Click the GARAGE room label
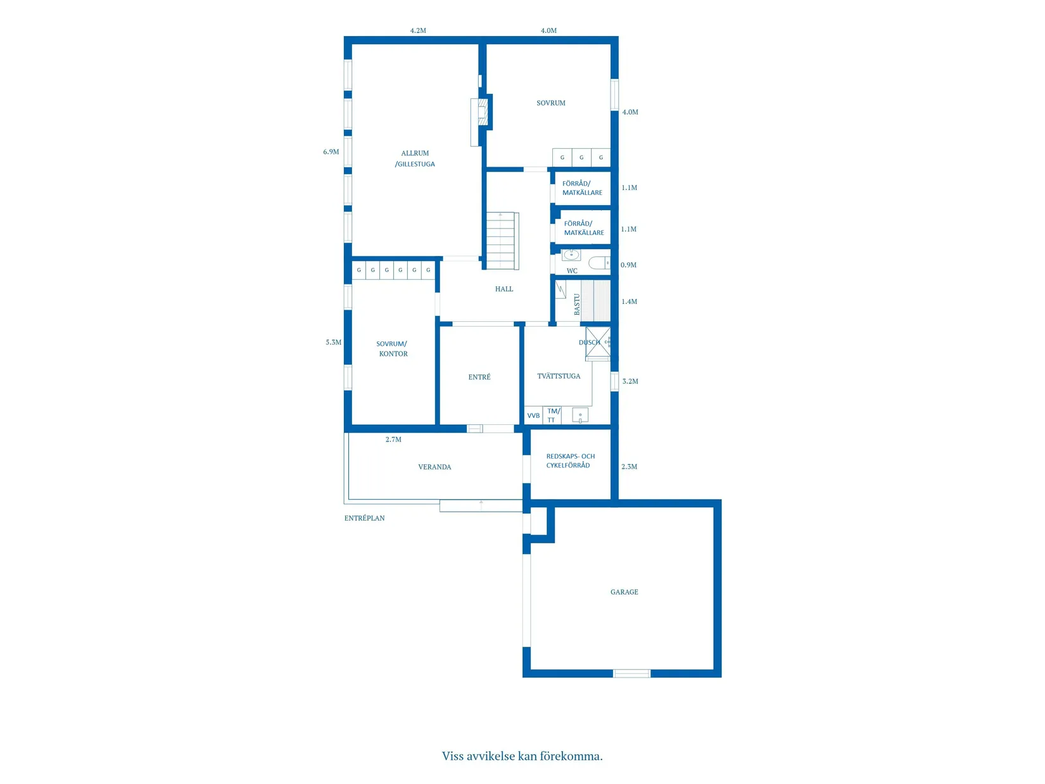(x=624, y=591)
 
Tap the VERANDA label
(x=434, y=467)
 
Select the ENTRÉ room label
(x=479, y=377)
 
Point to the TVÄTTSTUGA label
(x=559, y=376)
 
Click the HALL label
(x=503, y=289)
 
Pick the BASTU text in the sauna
(x=577, y=304)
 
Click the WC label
(x=572, y=270)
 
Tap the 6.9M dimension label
(x=331, y=151)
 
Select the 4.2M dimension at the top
(x=418, y=30)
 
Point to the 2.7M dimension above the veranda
(x=393, y=439)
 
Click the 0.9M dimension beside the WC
(x=628, y=265)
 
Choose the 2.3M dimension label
(x=629, y=467)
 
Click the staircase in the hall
(x=502, y=241)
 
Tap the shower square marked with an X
(x=597, y=341)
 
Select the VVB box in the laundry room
(x=533, y=415)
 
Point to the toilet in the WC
(x=599, y=262)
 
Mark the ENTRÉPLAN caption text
(x=364, y=518)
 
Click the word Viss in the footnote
(x=453, y=756)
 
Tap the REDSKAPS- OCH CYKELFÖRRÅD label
(x=570, y=460)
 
